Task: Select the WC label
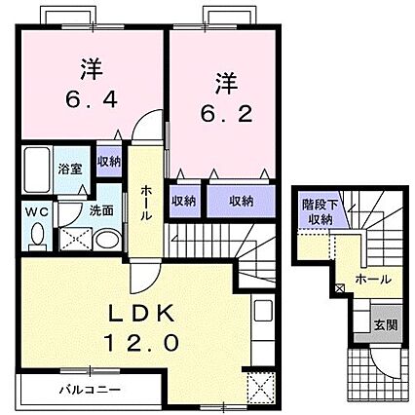pyautogui.click(x=31, y=209)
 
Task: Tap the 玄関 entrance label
pyautogui.click(x=385, y=322)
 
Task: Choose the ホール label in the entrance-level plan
pyautogui.click(x=374, y=280)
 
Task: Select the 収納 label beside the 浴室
pyautogui.click(x=109, y=161)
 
